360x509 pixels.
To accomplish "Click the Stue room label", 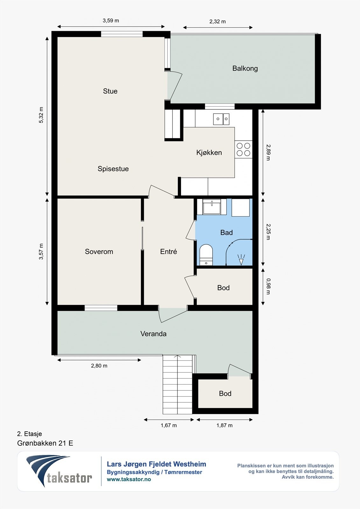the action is [x=110, y=91].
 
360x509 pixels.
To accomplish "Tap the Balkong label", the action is [x=245, y=68].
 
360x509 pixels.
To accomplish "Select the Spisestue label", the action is [x=113, y=169].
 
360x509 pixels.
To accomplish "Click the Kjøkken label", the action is [x=209, y=152].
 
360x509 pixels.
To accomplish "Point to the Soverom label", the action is [x=99, y=252].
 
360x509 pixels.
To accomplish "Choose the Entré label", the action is [x=168, y=251].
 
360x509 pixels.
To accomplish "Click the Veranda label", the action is [x=153, y=334].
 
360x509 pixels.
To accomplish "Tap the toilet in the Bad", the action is [x=206, y=255].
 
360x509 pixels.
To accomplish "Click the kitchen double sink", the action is [x=221, y=119].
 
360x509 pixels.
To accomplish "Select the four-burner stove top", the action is [x=244, y=149].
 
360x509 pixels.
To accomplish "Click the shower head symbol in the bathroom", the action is [x=241, y=260].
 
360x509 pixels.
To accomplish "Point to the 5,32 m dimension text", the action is [x=41, y=115].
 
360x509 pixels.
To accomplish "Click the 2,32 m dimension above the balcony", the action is [x=217, y=22].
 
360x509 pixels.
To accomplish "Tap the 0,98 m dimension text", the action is [x=268, y=286].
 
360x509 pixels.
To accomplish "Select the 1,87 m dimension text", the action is [x=224, y=425].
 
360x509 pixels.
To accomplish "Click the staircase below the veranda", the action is [x=177, y=384].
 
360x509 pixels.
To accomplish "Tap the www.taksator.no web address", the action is [x=129, y=479].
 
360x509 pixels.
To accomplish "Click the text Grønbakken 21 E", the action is [x=45, y=443].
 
